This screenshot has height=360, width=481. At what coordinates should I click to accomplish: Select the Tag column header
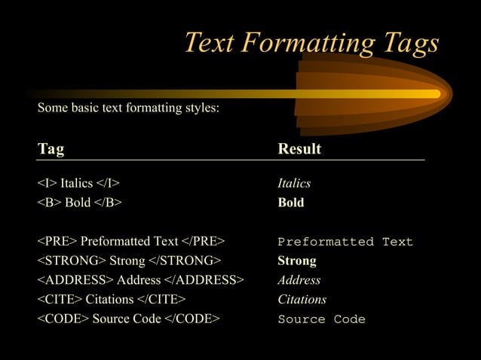tap(51, 149)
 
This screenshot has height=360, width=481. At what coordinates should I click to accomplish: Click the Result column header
tap(299, 149)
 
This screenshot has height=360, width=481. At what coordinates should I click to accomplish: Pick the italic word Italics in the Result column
tap(294, 183)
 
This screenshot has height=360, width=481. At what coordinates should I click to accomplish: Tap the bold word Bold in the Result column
tap(291, 203)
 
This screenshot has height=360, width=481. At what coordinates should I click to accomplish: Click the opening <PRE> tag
tap(57, 241)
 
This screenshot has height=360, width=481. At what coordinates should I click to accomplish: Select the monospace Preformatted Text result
tap(345, 242)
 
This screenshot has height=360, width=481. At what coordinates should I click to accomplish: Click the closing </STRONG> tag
tap(185, 261)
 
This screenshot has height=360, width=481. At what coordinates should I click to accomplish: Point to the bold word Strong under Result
tap(297, 261)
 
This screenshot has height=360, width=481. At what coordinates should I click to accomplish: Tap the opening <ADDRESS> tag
tap(75, 280)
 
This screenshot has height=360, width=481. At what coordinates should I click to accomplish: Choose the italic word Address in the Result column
tap(299, 280)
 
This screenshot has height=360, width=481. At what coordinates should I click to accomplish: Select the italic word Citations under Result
tap(302, 300)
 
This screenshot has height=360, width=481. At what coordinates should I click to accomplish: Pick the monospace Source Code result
tap(321, 319)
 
